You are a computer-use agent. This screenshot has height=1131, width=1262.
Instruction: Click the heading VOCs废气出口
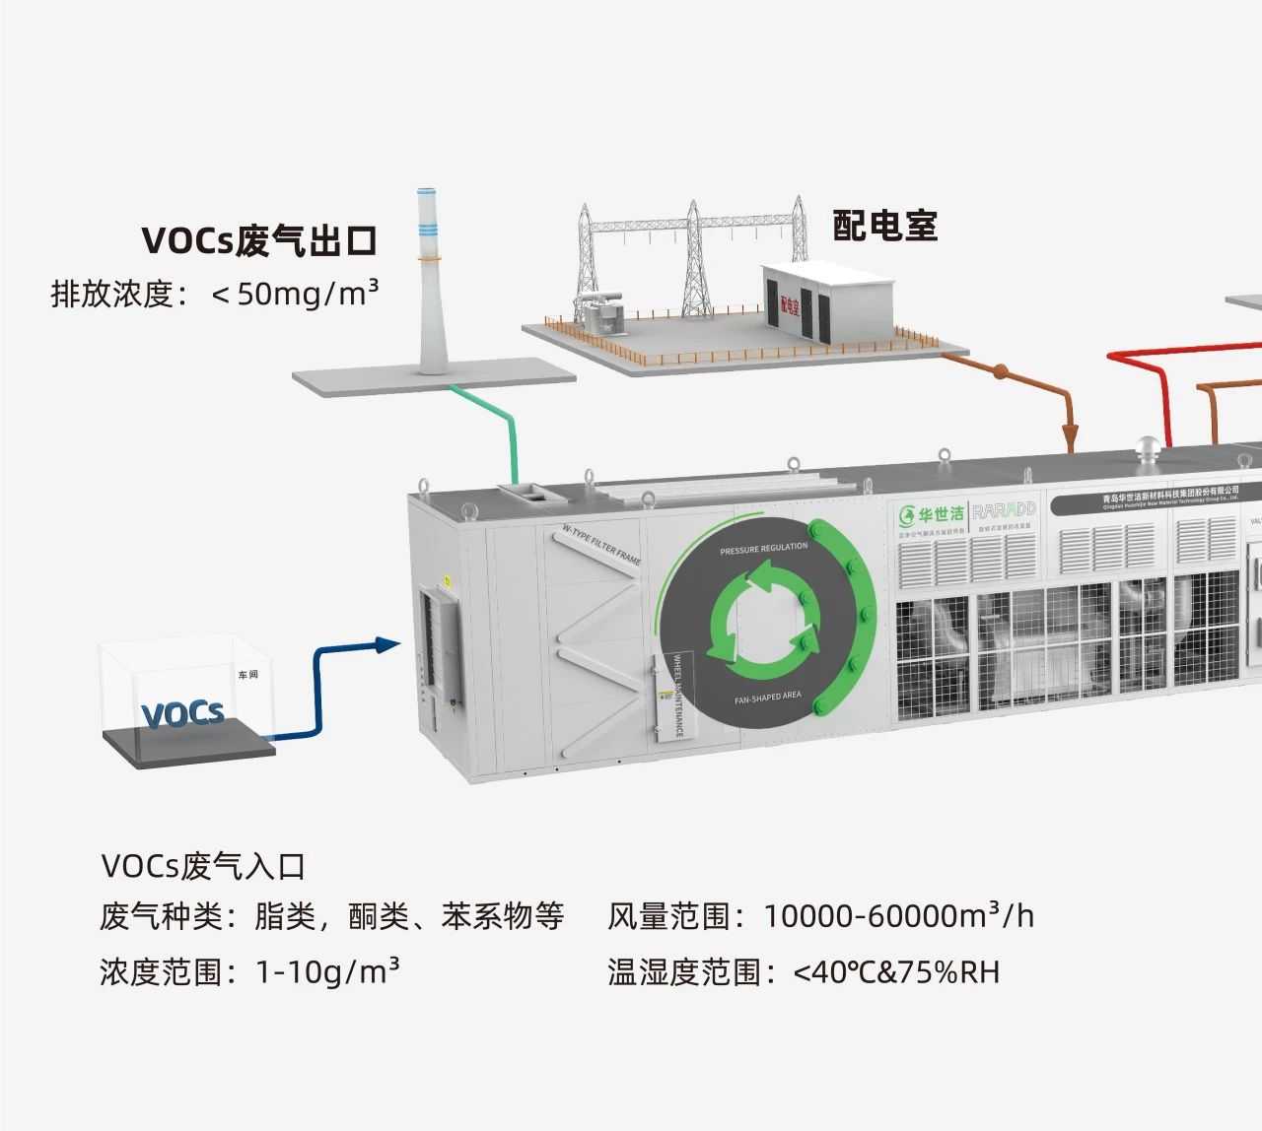pyautogui.click(x=259, y=241)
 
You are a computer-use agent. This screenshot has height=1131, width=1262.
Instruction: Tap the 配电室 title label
pyautogui.click(x=884, y=226)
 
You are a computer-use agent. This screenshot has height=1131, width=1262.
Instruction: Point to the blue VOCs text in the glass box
pyautogui.click(x=182, y=713)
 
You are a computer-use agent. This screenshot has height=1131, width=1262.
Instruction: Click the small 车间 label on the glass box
pyautogui.click(x=247, y=675)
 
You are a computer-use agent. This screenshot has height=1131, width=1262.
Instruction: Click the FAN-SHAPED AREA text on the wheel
pyautogui.click(x=768, y=698)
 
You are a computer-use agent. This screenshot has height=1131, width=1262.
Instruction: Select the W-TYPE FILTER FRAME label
pyautogui.click(x=601, y=545)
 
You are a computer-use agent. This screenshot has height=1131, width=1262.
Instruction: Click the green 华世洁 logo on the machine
pyautogui.click(x=930, y=514)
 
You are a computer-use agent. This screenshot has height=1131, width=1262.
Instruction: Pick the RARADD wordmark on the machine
pyautogui.click(x=1004, y=510)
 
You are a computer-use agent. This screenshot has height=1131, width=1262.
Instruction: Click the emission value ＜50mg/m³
pyautogui.click(x=295, y=294)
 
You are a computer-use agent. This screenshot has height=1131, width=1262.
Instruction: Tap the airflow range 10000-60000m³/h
pyautogui.click(x=898, y=916)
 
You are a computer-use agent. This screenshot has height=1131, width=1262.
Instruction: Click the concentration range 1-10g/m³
pyautogui.click(x=327, y=972)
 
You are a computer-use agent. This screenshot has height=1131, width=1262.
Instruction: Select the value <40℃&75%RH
pyautogui.click(x=896, y=972)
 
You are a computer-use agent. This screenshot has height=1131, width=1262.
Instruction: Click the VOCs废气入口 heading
pyautogui.click(x=203, y=867)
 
